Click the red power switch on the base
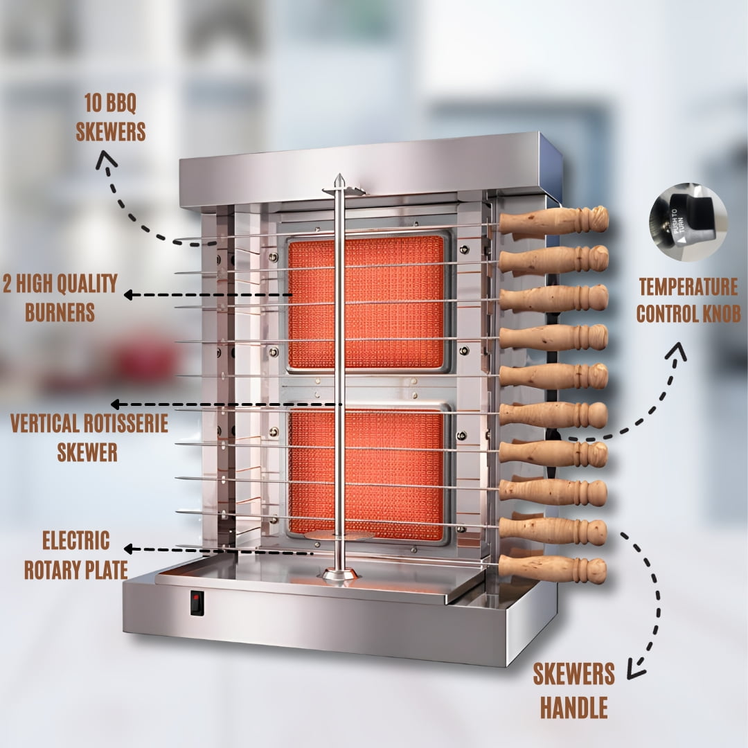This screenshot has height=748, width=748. [x=197, y=603]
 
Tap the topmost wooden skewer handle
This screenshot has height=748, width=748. [x=553, y=220]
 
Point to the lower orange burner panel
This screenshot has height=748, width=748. [x=366, y=474]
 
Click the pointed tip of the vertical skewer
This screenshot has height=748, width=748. [x=339, y=175]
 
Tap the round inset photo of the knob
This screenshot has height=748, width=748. [x=688, y=222]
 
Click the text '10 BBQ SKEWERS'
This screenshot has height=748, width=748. [x=111, y=117]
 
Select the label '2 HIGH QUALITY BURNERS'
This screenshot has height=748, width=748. [x=60, y=298]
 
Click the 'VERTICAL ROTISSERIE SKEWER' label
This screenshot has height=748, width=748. [x=89, y=437]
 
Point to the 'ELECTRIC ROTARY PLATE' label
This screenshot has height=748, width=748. [x=76, y=555]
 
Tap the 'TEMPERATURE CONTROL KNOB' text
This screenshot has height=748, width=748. [x=688, y=301]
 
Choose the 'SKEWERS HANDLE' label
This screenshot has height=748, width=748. [x=574, y=691]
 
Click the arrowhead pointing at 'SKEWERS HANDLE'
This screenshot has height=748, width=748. [x=635, y=668]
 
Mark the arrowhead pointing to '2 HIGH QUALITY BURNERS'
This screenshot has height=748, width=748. [x=128, y=295]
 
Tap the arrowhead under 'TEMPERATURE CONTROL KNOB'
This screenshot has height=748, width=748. [x=677, y=350]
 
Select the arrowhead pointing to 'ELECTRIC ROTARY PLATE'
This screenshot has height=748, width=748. [x=128, y=549]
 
